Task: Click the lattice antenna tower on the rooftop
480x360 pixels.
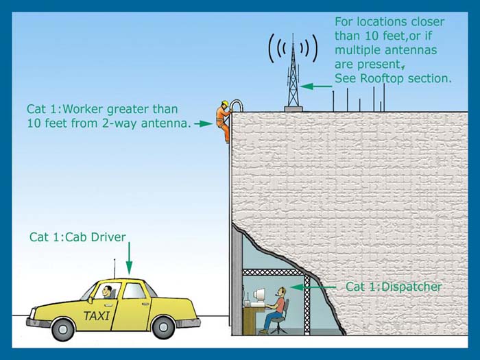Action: click(293, 72)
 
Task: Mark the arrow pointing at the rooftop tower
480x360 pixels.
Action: click(316, 86)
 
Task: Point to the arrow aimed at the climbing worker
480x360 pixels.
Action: click(202, 124)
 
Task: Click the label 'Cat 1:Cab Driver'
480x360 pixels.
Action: click(77, 237)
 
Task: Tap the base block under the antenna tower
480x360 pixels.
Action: click(293, 106)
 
